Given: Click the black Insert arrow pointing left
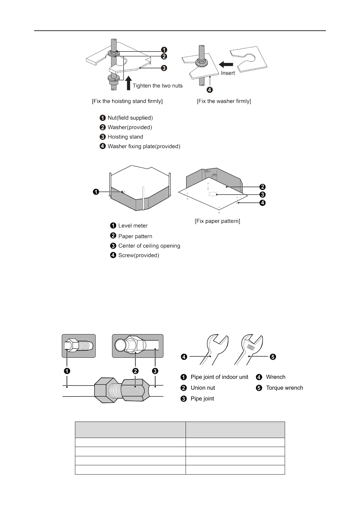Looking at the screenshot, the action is tap(226, 64).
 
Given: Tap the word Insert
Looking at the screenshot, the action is tap(228, 73).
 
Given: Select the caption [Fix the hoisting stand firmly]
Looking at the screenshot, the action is tap(127, 101).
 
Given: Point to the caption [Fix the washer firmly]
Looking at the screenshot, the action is tap(224, 101).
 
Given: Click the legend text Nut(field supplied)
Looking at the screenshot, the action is tap(130, 118).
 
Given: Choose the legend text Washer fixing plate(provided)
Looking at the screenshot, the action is tap(144, 146).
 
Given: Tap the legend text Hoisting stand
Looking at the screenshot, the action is tap(125, 137).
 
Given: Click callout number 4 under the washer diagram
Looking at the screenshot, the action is tap(210, 90).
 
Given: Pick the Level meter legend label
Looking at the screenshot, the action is tap(133, 226).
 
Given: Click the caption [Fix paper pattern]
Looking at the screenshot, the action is tap(217, 221).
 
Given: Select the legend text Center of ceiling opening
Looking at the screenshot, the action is tap(149, 246).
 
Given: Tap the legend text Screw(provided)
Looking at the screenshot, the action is tap(138, 255).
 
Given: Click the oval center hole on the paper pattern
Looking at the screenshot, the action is tap(213, 194).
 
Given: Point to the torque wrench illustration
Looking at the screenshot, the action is tap(249, 349).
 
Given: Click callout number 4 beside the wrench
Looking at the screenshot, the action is tap(184, 357).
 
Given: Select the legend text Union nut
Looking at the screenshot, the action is tap(203, 388).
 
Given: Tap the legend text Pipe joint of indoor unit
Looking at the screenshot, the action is tap(219, 377).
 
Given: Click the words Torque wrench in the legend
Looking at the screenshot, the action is tap(284, 388).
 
